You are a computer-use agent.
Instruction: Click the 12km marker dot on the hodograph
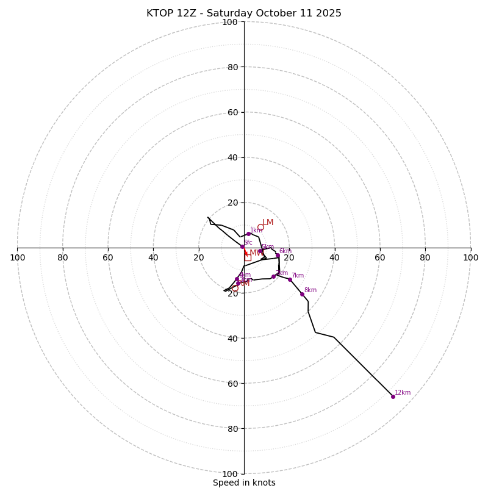click(x=393, y=396)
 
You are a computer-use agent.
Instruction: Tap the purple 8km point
click(x=302, y=294)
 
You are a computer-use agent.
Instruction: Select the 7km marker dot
click(x=290, y=279)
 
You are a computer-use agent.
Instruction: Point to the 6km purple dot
click(x=278, y=256)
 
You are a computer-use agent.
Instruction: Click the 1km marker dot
click(x=248, y=234)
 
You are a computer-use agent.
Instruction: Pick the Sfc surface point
click(x=242, y=247)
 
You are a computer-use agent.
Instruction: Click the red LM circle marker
click(x=260, y=228)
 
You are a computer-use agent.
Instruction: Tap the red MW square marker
click(x=248, y=257)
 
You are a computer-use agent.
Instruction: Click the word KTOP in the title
click(x=160, y=13)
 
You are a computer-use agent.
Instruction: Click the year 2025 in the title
click(x=327, y=13)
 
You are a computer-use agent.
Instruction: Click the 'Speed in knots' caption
click(x=244, y=483)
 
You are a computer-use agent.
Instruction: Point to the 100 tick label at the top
click(x=230, y=23)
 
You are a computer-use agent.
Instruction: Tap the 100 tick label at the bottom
click(x=230, y=474)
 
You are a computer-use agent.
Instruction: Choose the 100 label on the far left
click(x=18, y=258)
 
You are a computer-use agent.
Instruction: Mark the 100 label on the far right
click(x=470, y=258)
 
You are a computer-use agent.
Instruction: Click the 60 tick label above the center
click(x=232, y=113)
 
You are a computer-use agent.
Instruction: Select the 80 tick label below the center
click(x=232, y=429)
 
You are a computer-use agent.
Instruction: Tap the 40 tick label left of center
click(x=153, y=258)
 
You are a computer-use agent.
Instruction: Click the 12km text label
click(x=403, y=393)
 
